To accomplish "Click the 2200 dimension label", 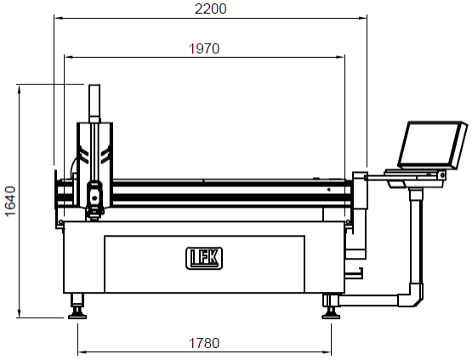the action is point(210,9).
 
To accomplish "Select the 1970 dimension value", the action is point(204,49).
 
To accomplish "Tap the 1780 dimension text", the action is point(204,343).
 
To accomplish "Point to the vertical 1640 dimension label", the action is point(10,201).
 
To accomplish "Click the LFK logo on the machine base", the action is point(204,258).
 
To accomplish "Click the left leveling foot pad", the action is point(77,316).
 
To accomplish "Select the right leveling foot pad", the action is point(331,316).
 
